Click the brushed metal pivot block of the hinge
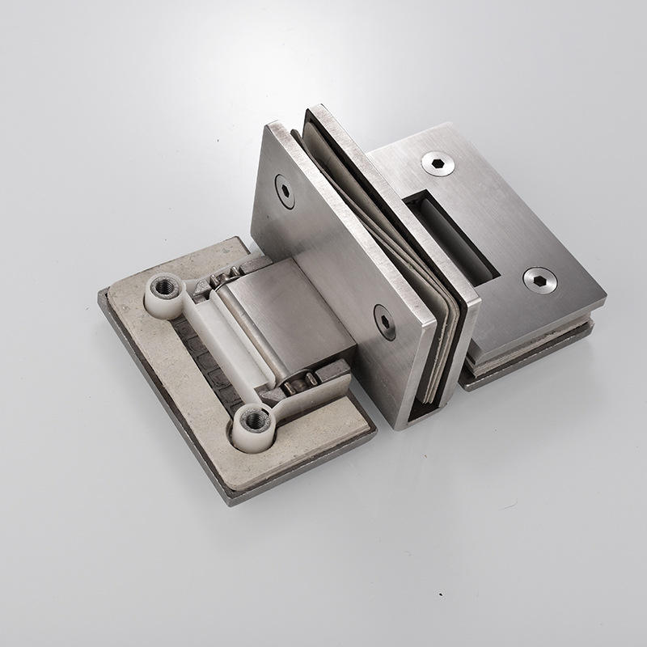pyautogui.click(x=291, y=315)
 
